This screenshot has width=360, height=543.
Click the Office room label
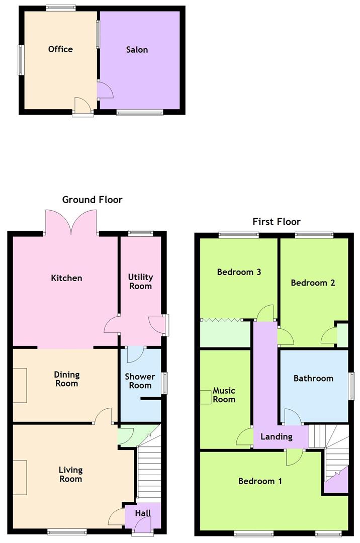[60, 49]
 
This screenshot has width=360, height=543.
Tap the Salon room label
[137, 50]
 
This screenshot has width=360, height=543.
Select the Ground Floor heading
[92, 200]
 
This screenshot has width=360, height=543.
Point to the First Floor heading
[277, 222]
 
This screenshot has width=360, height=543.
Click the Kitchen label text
[66, 278]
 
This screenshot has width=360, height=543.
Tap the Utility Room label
[140, 282]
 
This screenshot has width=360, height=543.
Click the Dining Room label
[67, 379]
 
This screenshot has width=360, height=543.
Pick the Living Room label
[70, 475]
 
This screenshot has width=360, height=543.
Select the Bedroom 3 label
[239, 272]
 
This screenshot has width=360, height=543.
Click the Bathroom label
[313, 378]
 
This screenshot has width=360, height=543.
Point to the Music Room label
[224, 395]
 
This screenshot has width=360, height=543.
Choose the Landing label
[276, 436]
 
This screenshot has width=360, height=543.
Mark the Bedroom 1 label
[260, 481]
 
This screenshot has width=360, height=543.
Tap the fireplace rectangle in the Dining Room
[20, 385]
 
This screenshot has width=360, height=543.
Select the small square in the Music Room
[206, 397]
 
